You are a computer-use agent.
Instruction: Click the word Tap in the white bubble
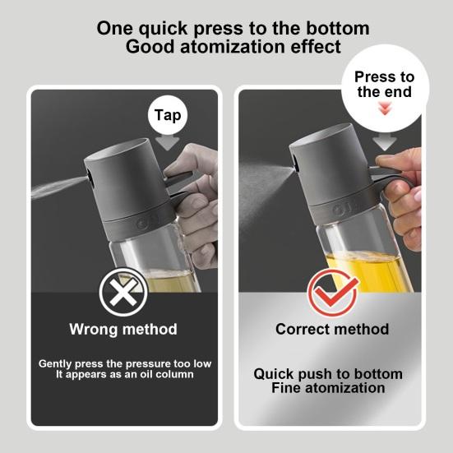point(168,116)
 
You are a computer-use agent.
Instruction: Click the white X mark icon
point(123,292)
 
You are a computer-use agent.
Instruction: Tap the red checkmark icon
point(332,293)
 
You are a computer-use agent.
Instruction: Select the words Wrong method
point(123,329)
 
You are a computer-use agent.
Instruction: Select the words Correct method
point(332,329)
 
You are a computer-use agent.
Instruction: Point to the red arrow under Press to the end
point(385,109)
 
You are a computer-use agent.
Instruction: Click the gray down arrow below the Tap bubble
point(167,143)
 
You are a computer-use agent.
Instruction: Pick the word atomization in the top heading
point(233,47)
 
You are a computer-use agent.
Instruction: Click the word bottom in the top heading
point(337,28)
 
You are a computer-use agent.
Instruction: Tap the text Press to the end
point(385,84)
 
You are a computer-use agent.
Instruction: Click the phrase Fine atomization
point(328,388)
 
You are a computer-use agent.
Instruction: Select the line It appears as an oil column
point(125,374)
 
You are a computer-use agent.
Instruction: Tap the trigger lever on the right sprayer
point(390,176)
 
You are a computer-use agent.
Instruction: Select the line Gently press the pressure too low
point(125,363)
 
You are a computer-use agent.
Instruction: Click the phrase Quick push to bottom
point(328,374)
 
